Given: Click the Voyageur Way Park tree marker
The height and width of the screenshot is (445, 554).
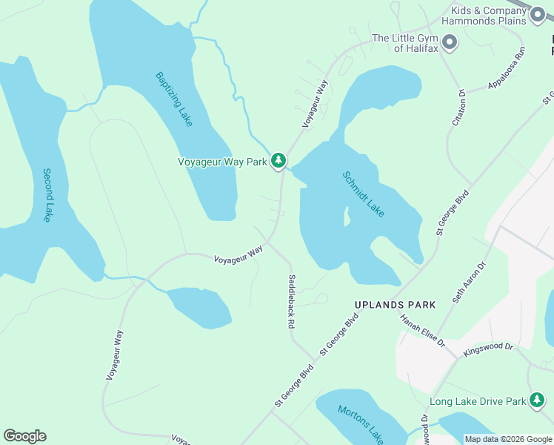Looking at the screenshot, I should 278,160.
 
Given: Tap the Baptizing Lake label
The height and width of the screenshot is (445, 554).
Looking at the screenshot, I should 174,99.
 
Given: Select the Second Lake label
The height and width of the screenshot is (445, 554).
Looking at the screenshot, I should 47,195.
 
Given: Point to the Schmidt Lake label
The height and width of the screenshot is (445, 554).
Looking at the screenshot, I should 363,194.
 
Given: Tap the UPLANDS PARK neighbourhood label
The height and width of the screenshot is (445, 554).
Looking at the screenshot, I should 395,305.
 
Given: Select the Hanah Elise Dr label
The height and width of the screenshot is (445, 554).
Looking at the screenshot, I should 422,331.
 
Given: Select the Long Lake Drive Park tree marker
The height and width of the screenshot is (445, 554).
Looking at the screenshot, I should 537,402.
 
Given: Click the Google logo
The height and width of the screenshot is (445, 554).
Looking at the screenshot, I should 24,436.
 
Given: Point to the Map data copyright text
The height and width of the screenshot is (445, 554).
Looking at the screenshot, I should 508,439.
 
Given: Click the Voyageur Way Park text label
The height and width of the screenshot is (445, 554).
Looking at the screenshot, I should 221,161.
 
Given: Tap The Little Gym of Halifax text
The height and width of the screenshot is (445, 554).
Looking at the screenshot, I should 405,43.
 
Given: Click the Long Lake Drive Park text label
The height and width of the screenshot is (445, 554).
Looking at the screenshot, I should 477,402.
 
